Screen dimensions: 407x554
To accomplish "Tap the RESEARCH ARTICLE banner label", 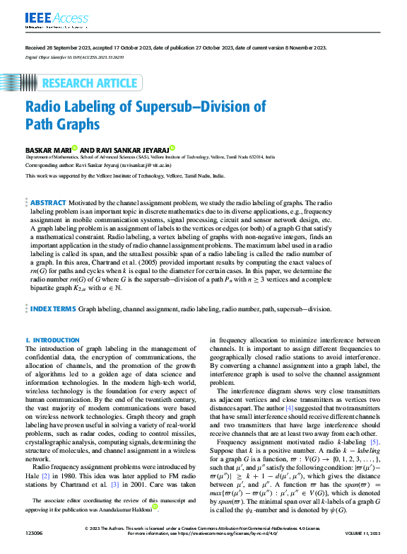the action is point(89,83).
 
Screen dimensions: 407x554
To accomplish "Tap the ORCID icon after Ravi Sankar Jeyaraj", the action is point(172,149).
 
